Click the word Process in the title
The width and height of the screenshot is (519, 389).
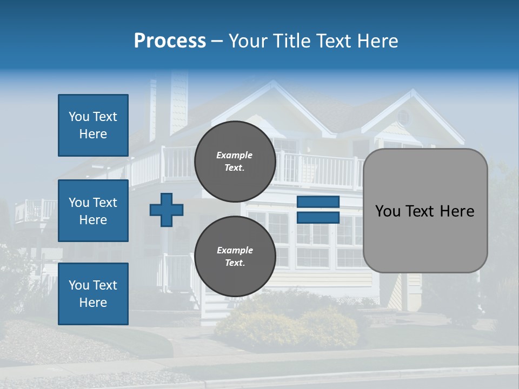pyautogui.click(x=170, y=41)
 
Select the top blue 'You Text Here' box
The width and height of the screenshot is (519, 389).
pyautogui.click(x=93, y=125)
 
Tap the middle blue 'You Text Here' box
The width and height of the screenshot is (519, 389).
pyautogui.click(x=93, y=211)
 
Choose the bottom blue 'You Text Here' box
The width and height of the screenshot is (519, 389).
pyautogui.click(x=93, y=294)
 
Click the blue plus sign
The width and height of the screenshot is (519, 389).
pyautogui.click(x=167, y=210)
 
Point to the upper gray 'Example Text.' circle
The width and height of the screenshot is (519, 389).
pyautogui.click(x=235, y=161)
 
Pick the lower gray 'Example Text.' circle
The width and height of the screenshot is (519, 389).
pyautogui.click(x=235, y=256)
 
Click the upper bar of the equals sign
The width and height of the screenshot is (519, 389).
pyautogui.click(x=318, y=202)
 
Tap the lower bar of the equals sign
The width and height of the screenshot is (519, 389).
pyautogui.click(x=318, y=218)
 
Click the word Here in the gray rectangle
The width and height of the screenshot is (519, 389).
pyautogui.click(x=457, y=211)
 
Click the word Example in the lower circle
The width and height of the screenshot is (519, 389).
pyautogui.click(x=235, y=250)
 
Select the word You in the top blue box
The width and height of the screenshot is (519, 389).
pyautogui.click(x=79, y=117)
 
